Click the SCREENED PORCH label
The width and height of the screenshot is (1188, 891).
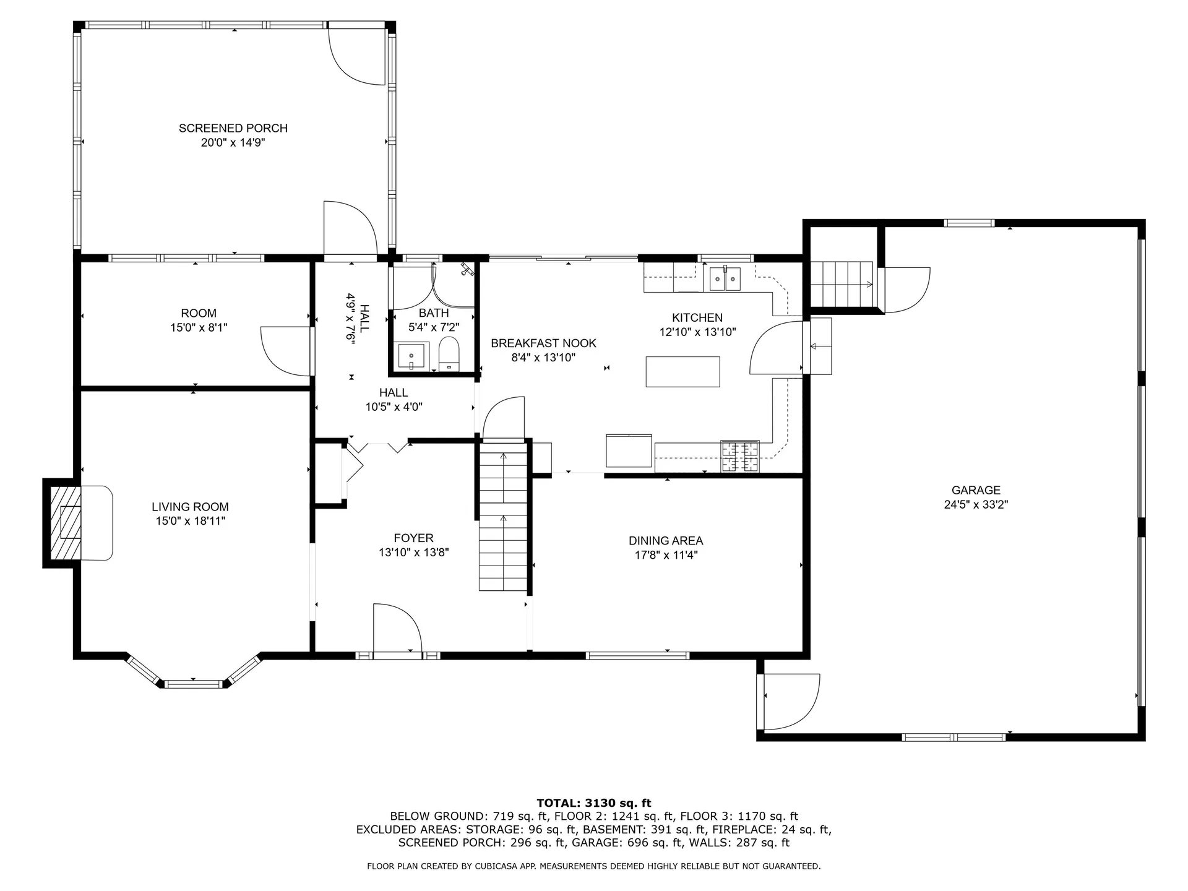[233, 128]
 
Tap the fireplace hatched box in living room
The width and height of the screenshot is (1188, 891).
[66, 523]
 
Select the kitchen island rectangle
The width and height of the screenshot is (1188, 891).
[682, 372]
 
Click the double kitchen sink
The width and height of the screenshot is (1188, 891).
[725, 278]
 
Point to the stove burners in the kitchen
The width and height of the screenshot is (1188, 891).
[739, 457]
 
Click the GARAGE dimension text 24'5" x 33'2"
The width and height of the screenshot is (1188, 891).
[976, 504]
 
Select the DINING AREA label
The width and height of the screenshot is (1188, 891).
[666, 541]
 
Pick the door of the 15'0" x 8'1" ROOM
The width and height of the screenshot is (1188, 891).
[286, 350]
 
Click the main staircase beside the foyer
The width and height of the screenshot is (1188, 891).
[503, 520]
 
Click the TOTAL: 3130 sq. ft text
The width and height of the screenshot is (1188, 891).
[593, 803]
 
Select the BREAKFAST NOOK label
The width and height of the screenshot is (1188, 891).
[543, 343]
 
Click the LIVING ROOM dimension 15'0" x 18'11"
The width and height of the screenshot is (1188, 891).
[190, 521]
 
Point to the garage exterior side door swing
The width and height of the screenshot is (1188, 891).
[790, 702]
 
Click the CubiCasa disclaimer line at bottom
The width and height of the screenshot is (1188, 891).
[593, 866]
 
